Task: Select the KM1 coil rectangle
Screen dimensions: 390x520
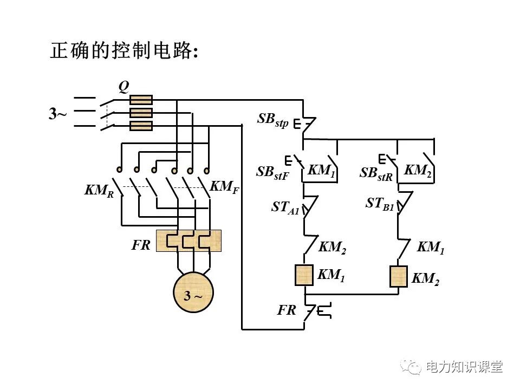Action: [x=304, y=275]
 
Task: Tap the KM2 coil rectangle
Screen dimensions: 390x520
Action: [x=398, y=276]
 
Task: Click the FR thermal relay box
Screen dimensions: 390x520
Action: [x=188, y=240]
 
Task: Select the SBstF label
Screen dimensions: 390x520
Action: [x=272, y=172]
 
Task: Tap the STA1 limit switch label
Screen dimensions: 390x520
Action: [x=285, y=208]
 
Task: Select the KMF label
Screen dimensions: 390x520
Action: [x=224, y=187]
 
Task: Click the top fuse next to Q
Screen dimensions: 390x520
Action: [x=141, y=100]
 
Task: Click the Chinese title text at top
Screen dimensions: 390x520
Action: [x=124, y=51]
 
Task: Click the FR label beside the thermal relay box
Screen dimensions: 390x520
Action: [x=141, y=245]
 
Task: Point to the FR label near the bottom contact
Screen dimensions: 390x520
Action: [x=287, y=310]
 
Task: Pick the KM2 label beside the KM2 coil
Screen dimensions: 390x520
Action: [x=425, y=278]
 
